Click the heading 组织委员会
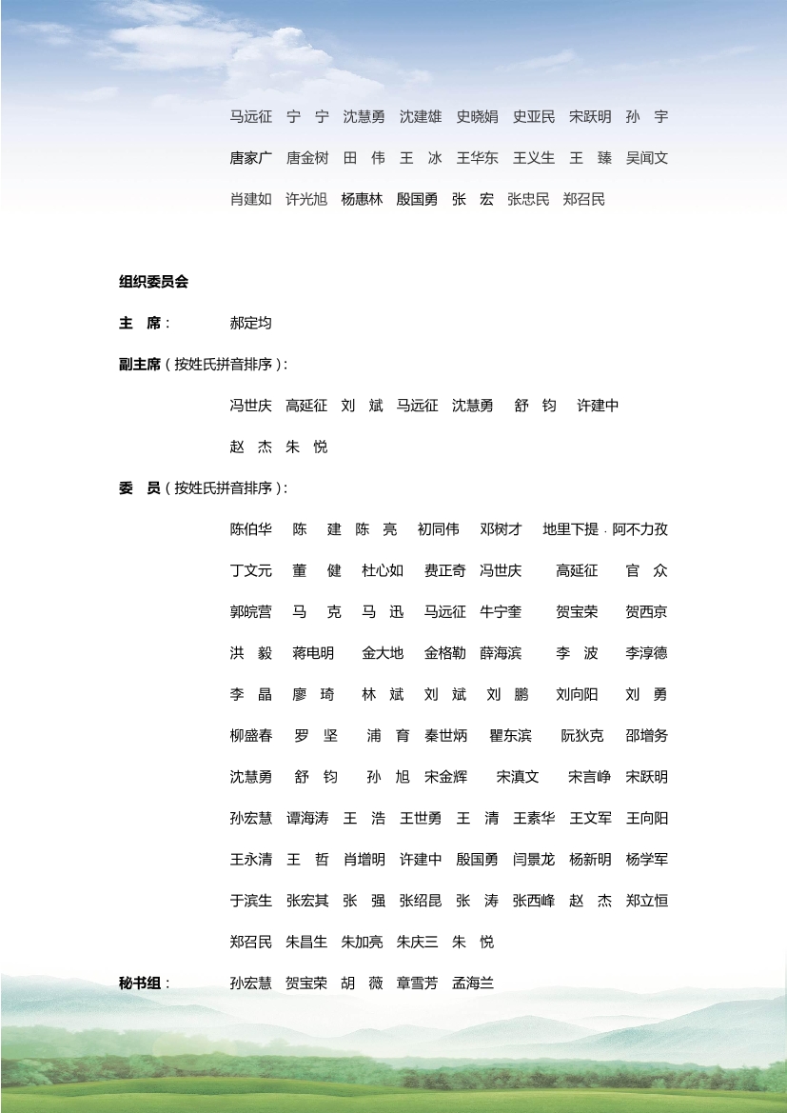153,282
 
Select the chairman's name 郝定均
250,323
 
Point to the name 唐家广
250,158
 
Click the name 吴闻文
647,158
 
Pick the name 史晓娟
477,117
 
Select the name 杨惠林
362,199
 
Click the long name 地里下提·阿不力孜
605,529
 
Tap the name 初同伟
438,529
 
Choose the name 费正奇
444,571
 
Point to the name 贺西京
646,612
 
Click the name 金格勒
444,653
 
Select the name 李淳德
646,653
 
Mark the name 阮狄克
581,736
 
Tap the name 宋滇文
518,777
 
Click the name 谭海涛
306,818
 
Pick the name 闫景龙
533,860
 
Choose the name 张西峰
533,901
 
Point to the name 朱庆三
418,943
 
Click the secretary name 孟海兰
473,984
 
